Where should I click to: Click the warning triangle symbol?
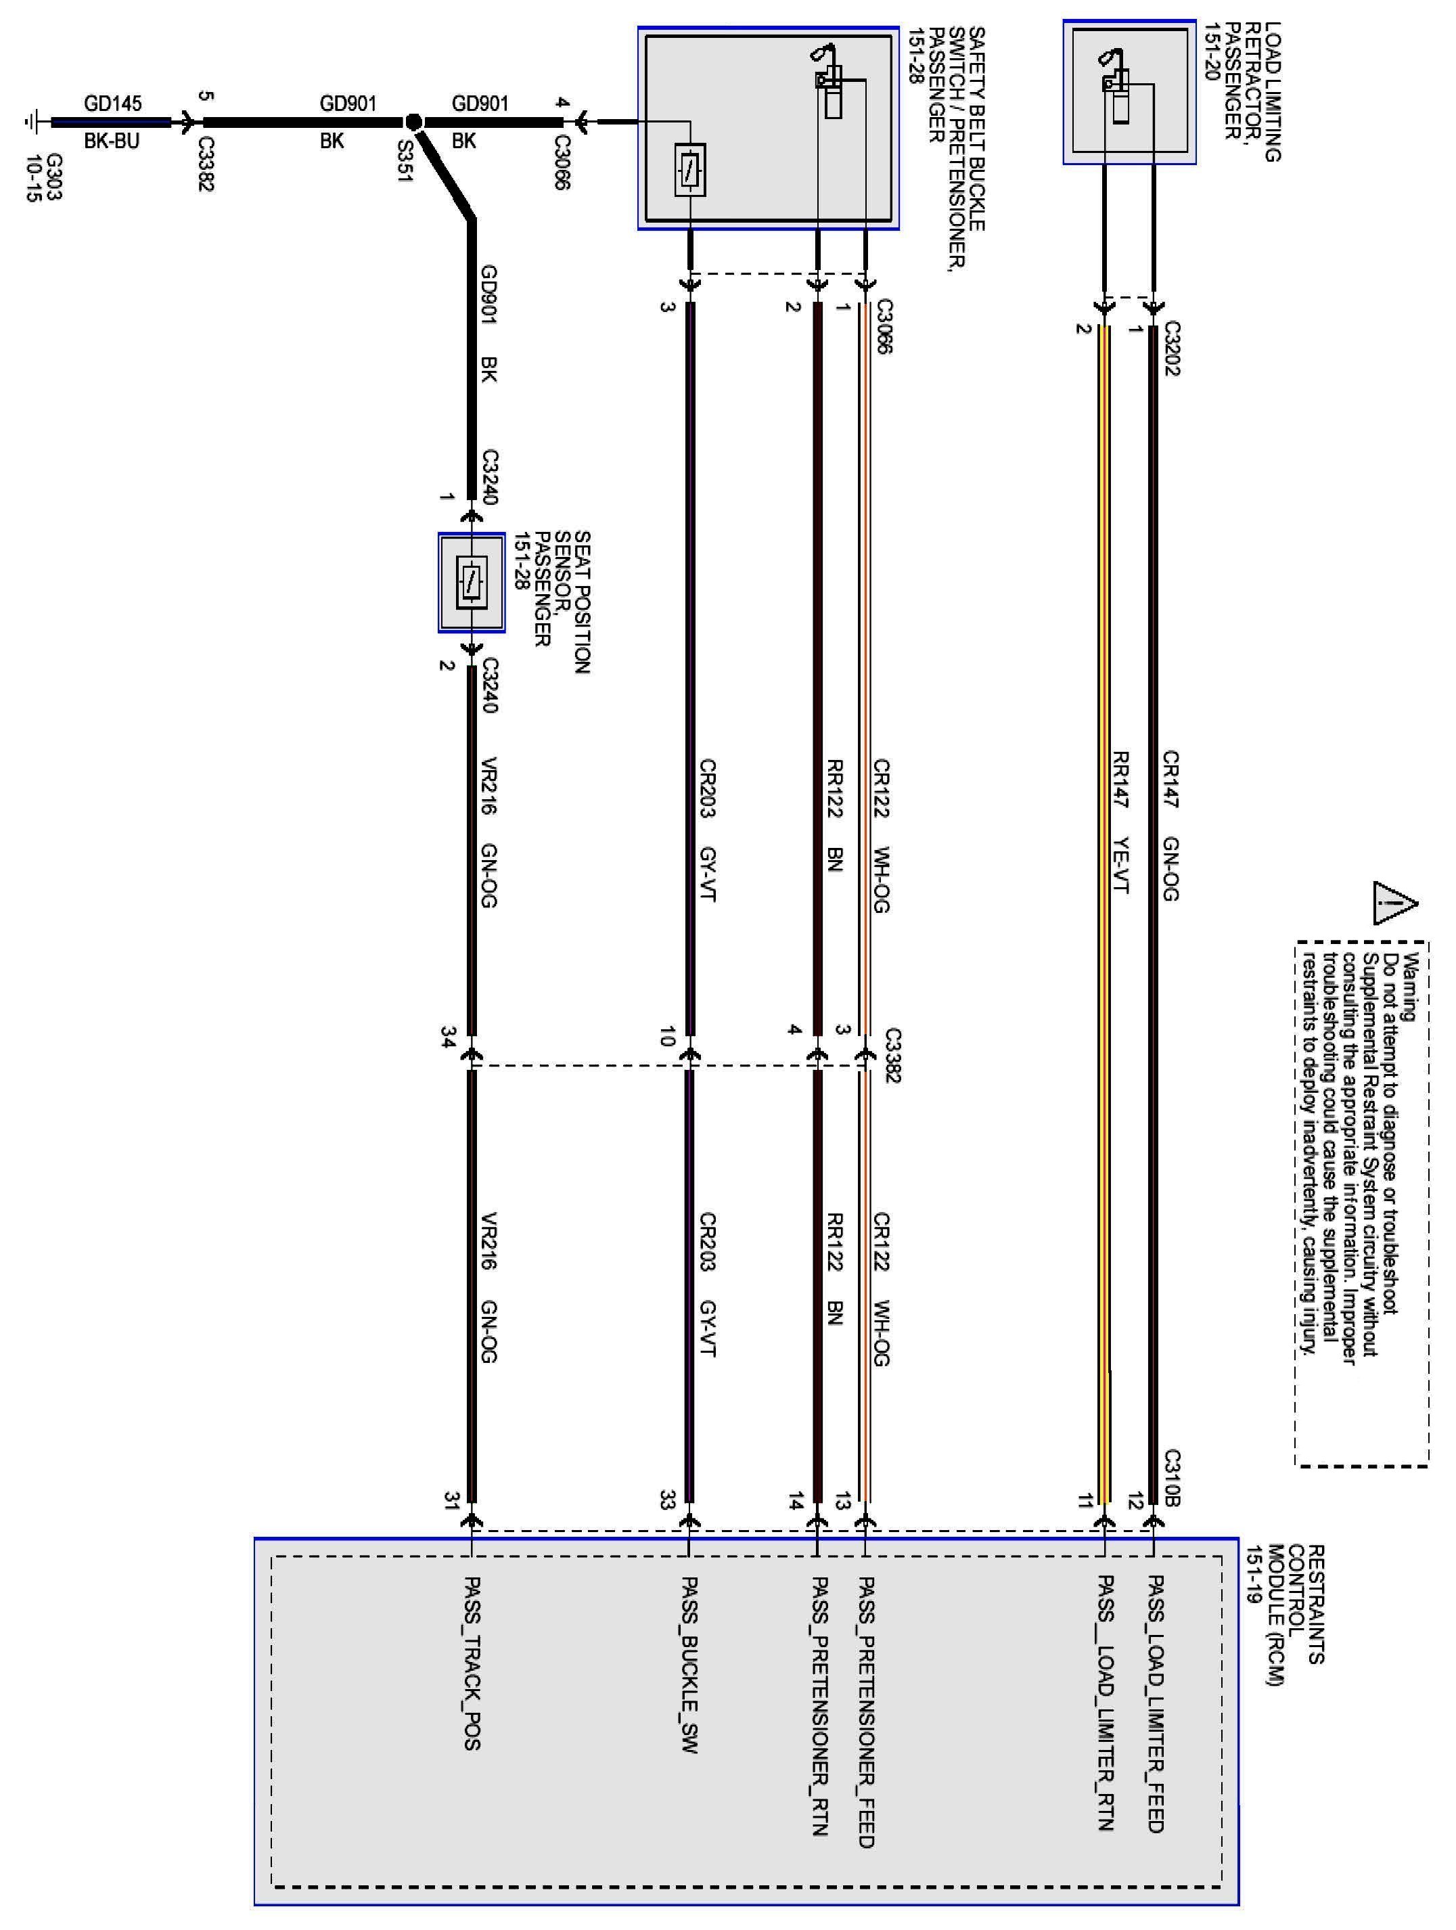(1394, 902)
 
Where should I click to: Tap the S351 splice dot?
(413, 122)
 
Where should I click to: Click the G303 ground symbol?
(32, 122)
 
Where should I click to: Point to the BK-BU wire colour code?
(112, 141)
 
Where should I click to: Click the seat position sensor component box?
(471, 582)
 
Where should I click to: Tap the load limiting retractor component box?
(1129, 93)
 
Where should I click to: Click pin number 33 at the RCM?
(667, 1501)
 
